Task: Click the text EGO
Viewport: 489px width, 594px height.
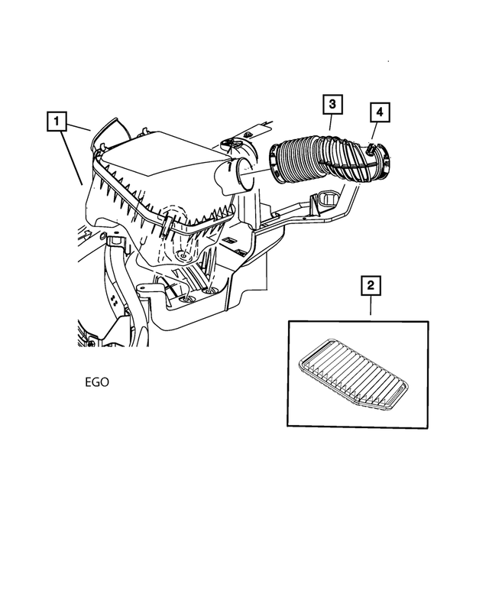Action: click(97, 380)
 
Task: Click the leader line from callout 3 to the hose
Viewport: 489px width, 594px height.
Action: click(331, 126)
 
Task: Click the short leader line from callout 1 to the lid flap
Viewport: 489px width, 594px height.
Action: click(80, 127)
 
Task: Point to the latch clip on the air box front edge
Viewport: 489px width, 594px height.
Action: click(165, 226)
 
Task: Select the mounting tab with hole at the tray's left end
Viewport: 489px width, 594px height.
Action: click(145, 291)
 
